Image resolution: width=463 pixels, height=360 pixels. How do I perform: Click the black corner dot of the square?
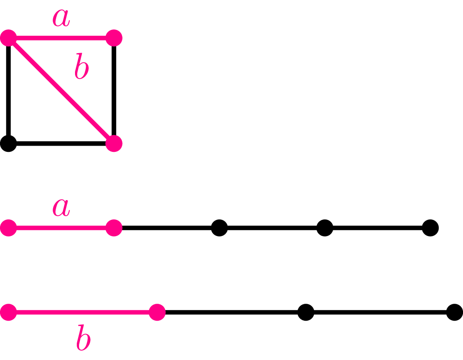tap(8, 143)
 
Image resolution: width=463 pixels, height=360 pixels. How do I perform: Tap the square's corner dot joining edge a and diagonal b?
tap(8, 38)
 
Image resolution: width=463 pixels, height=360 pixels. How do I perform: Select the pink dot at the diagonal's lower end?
tap(114, 143)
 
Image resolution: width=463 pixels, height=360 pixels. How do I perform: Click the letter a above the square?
tap(61, 18)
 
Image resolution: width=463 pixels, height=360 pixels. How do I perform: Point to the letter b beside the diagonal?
tap(82, 66)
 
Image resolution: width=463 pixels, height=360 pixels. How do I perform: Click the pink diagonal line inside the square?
tap(61, 91)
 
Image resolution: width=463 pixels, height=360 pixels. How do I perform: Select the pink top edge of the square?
tap(61, 38)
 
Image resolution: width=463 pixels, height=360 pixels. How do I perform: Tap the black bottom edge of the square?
tap(61, 143)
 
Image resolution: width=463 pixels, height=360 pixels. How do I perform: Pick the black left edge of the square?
tap(8, 91)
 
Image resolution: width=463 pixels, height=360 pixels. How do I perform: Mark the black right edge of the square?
tap(114, 91)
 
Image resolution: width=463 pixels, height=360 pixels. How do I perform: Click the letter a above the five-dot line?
tap(61, 208)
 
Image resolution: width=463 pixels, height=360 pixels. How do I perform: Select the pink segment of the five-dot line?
tap(61, 228)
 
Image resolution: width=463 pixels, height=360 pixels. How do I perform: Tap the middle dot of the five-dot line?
tap(219, 228)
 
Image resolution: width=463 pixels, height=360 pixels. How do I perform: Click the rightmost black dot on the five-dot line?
tap(430, 228)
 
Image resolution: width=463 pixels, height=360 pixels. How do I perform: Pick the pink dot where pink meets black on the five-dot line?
tap(114, 228)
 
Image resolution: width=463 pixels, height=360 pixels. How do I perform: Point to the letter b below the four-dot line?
tap(83, 337)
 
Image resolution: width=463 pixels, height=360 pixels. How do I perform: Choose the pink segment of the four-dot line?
tap(83, 312)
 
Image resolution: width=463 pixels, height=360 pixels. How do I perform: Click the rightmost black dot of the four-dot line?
tap(455, 312)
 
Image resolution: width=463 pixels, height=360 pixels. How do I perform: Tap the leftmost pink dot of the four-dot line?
tap(8, 312)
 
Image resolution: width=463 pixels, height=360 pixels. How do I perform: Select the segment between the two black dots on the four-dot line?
tap(380, 312)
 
